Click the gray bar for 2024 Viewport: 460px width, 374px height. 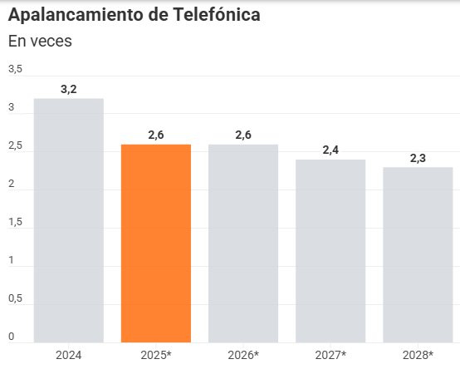pyautogui.click(x=68, y=220)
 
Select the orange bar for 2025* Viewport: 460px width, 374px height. pyautogui.click(x=156, y=243)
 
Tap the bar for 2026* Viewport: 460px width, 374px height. pyautogui.click(x=243, y=243)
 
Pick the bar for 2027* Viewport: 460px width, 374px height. pyautogui.click(x=330, y=250)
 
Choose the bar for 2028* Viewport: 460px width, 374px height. pyautogui.click(x=418, y=254)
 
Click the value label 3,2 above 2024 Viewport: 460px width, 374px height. pyautogui.click(x=69, y=89)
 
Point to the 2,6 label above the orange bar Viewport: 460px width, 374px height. pyautogui.click(x=156, y=135)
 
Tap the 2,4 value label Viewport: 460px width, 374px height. pyautogui.click(x=330, y=150)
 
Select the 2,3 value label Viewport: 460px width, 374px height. pyautogui.click(x=418, y=158)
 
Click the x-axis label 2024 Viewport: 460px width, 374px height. pyautogui.click(x=68, y=355)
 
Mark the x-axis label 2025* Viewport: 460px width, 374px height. pyautogui.click(x=156, y=355)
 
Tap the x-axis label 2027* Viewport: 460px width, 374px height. pyautogui.click(x=330, y=355)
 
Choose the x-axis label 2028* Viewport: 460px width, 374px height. pyautogui.click(x=418, y=355)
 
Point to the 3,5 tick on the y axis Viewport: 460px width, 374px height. pyautogui.click(x=16, y=69)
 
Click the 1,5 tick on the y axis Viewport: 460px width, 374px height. pyautogui.click(x=16, y=222)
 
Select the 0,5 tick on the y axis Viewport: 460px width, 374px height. pyautogui.click(x=16, y=298)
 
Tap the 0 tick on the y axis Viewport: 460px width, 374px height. pyautogui.click(x=12, y=337)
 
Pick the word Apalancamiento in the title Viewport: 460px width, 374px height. pyautogui.click(x=76, y=16)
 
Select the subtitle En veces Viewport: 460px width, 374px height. pyautogui.click(x=40, y=41)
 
